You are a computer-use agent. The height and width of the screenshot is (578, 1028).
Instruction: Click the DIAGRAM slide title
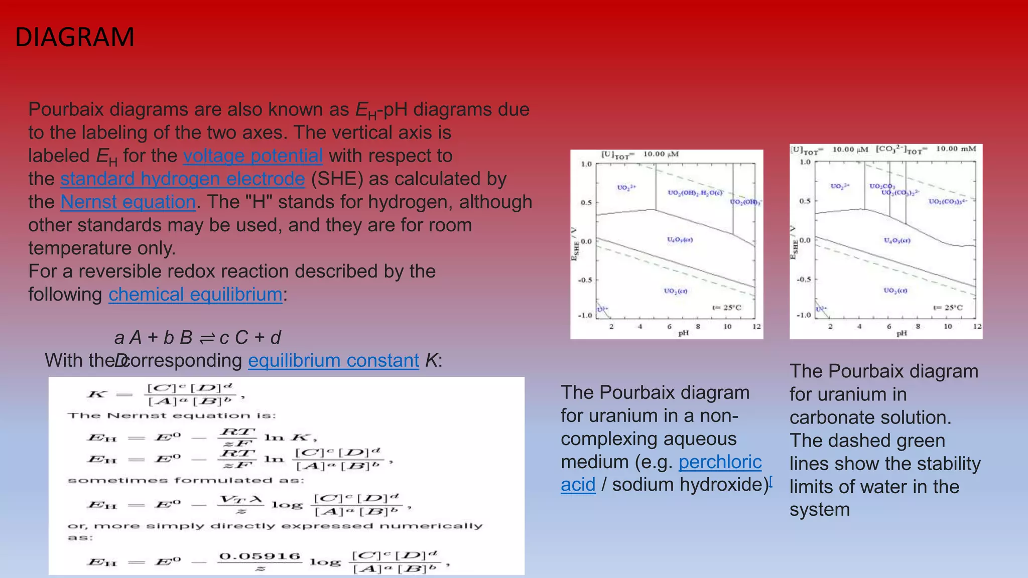pos(75,37)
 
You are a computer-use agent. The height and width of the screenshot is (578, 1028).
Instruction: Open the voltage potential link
pos(252,156)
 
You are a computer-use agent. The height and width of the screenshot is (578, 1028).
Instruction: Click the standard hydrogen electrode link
pos(183,179)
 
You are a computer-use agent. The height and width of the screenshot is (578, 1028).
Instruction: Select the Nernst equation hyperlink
pos(128,202)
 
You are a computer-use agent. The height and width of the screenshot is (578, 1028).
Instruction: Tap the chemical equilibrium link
pos(195,294)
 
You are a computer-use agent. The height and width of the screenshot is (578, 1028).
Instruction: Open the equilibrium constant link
pos(333,360)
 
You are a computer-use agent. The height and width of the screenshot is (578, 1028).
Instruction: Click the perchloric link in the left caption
pos(720,462)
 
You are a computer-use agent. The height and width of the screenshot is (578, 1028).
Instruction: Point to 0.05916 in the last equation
pos(260,556)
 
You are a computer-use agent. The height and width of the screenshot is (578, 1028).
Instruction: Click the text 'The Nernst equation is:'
pos(172,415)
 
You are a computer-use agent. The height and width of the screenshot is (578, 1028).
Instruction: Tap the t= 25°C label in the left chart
pos(726,308)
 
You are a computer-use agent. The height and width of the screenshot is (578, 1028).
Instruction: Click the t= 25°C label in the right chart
pos(948,308)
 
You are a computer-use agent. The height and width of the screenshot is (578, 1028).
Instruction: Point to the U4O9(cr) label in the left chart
pos(680,240)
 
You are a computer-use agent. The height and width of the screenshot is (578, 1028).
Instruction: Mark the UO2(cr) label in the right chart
pos(895,291)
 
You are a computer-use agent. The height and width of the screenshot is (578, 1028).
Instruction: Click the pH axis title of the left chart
pos(683,333)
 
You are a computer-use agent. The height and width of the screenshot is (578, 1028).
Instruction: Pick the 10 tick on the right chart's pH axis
pos(948,326)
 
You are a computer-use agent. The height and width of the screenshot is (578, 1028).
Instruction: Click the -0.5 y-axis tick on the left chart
pos(585,280)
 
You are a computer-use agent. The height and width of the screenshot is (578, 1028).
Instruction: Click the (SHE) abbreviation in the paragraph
pos(337,179)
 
